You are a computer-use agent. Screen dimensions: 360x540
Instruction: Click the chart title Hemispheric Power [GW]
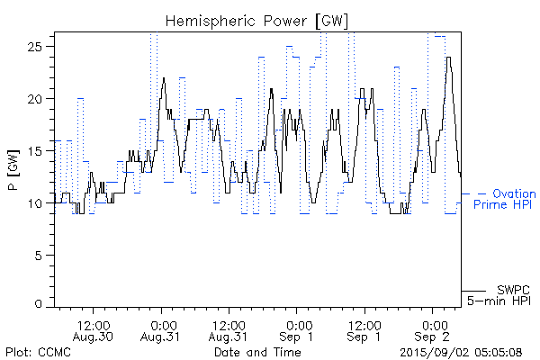[257, 20]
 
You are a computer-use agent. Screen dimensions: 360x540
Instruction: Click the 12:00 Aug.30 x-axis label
[94, 330]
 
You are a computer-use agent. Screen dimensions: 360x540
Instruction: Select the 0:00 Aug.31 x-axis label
[162, 330]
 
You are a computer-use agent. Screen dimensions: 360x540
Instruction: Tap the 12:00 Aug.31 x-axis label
[229, 330]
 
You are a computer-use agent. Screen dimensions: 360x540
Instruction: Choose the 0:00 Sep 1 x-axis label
[297, 330]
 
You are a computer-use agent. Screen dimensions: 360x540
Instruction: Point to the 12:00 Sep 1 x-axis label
[364, 330]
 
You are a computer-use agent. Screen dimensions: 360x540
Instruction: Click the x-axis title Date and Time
[257, 352]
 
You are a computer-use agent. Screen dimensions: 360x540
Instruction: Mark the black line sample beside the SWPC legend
[473, 290]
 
